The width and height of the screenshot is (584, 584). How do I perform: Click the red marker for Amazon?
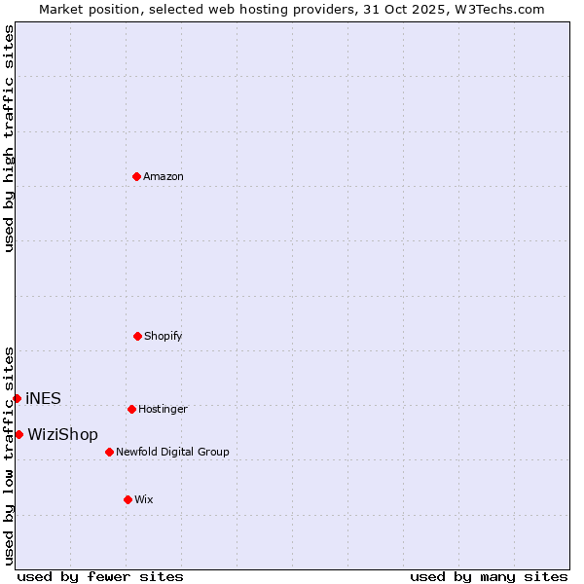point(137,176)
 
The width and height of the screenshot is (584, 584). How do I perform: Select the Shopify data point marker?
point(137,336)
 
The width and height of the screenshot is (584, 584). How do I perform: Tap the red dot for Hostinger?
point(131,409)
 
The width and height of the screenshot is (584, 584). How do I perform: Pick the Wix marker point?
point(128,499)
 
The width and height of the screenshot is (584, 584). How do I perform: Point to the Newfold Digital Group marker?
point(109,452)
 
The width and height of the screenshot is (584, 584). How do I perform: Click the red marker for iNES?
point(17,398)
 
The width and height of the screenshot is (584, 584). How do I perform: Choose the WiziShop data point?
point(18,434)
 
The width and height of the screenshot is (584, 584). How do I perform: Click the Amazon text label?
point(164,176)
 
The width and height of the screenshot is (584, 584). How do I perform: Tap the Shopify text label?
point(164,336)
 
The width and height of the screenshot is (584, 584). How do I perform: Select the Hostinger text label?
point(163,409)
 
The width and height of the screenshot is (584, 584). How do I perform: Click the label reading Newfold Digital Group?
point(172,452)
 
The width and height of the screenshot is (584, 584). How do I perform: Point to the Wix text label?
point(144,499)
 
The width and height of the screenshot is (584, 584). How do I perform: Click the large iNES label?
point(43,398)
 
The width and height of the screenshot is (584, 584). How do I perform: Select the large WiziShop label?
point(62,434)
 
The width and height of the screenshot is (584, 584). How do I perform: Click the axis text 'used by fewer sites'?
point(100,576)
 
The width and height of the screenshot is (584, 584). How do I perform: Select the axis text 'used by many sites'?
point(489,576)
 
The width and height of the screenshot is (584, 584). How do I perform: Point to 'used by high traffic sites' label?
point(9,138)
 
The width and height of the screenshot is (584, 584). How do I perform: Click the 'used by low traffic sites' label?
point(9,455)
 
